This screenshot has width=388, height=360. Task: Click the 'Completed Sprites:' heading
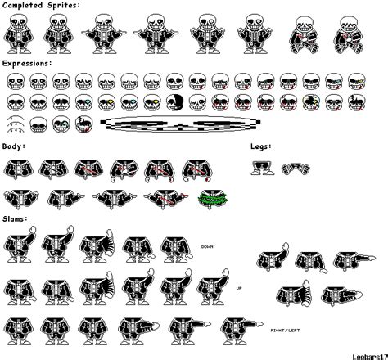pyautogui.click(x=40, y=5)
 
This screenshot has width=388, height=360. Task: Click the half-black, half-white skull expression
pyautogui.click(x=179, y=102)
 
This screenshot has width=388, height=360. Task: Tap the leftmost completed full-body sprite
pyautogui.click(x=20, y=32)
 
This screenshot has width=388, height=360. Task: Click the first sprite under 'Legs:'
pyautogui.click(x=263, y=168)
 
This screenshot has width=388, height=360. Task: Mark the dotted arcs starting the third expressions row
pyautogui.click(x=16, y=124)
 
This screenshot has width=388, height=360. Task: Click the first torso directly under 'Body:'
pyautogui.click(x=20, y=169)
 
